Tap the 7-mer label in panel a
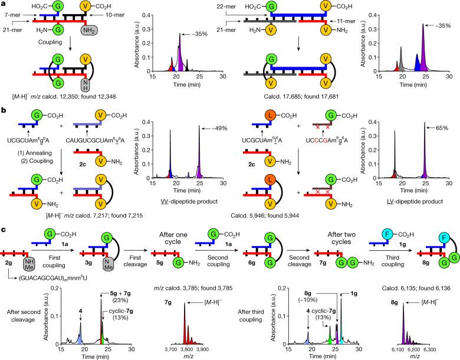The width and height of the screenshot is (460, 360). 14,11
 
